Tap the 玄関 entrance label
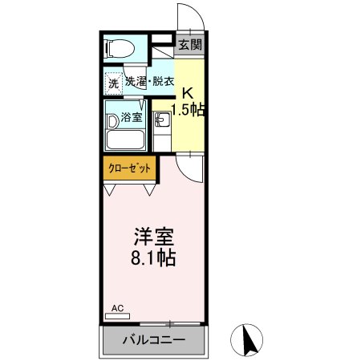tap(190, 46)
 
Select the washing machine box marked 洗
tap(113, 82)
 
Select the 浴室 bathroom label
tap(131, 117)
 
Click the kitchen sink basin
tap(162, 122)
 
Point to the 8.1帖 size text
tap(152, 260)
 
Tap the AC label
tap(117, 308)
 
